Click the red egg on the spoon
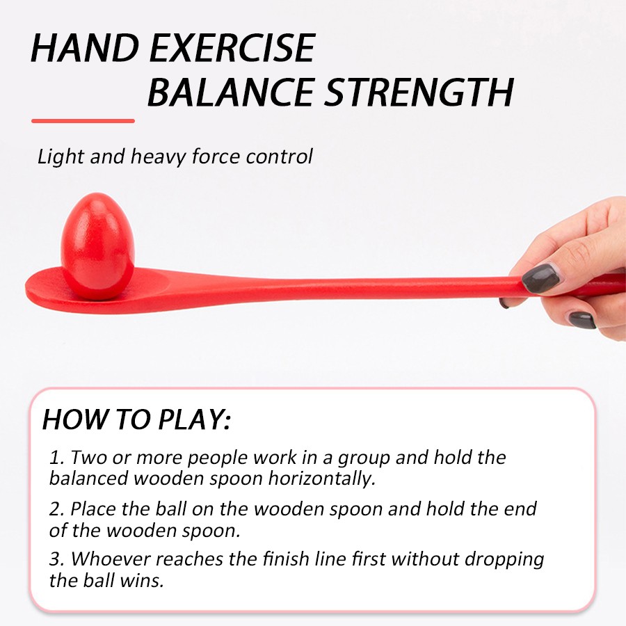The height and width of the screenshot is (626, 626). point(98,246)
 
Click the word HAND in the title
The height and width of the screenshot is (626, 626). point(84,48)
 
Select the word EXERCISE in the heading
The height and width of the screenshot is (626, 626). point(233,48)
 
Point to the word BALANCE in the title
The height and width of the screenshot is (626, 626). point(231,93)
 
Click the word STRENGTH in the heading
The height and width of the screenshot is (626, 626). point(419,93)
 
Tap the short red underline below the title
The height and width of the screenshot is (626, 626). point(83,120)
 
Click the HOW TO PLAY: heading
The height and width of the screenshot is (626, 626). point(136,419)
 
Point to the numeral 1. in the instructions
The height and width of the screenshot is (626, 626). point(57,458)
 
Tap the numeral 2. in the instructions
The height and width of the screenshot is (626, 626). point(57,509)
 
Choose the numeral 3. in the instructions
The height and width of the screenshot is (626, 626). point(57,559)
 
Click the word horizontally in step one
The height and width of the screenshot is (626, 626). point(322,479)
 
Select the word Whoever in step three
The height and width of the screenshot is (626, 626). point(111,559)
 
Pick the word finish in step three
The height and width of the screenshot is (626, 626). point(286,559)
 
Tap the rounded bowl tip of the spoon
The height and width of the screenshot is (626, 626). point(27,287)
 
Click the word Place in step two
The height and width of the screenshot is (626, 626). point(93,509)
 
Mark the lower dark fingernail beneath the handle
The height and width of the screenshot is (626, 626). point(582,320)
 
